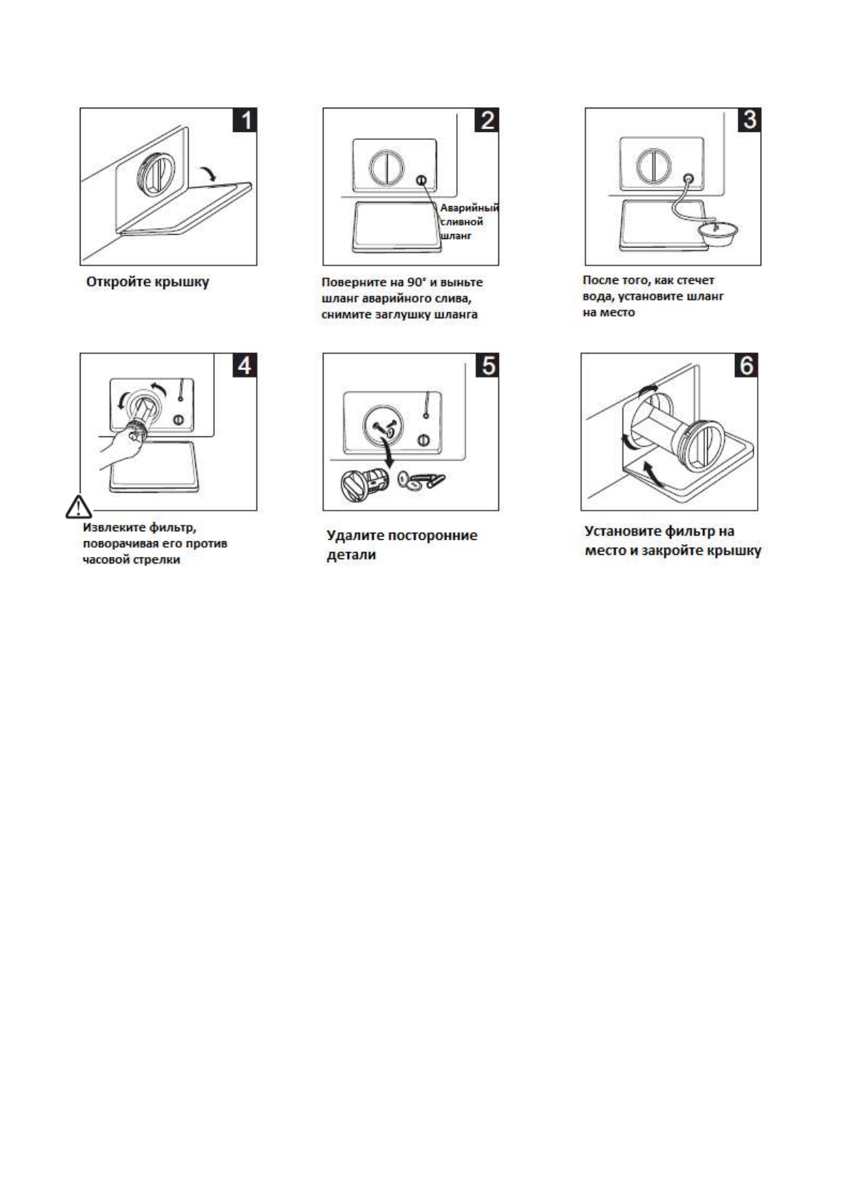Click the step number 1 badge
pos(245,121)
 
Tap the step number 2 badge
pos(487,121)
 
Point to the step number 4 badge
pos(245,365)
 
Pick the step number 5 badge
pos(487,365)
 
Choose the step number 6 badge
pos(745,365)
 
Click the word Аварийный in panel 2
pos(469,208)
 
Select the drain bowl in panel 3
pos(718,232)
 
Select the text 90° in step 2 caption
pos(416,282)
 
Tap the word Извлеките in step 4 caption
pos(114,528)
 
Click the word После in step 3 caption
pos(600,280)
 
